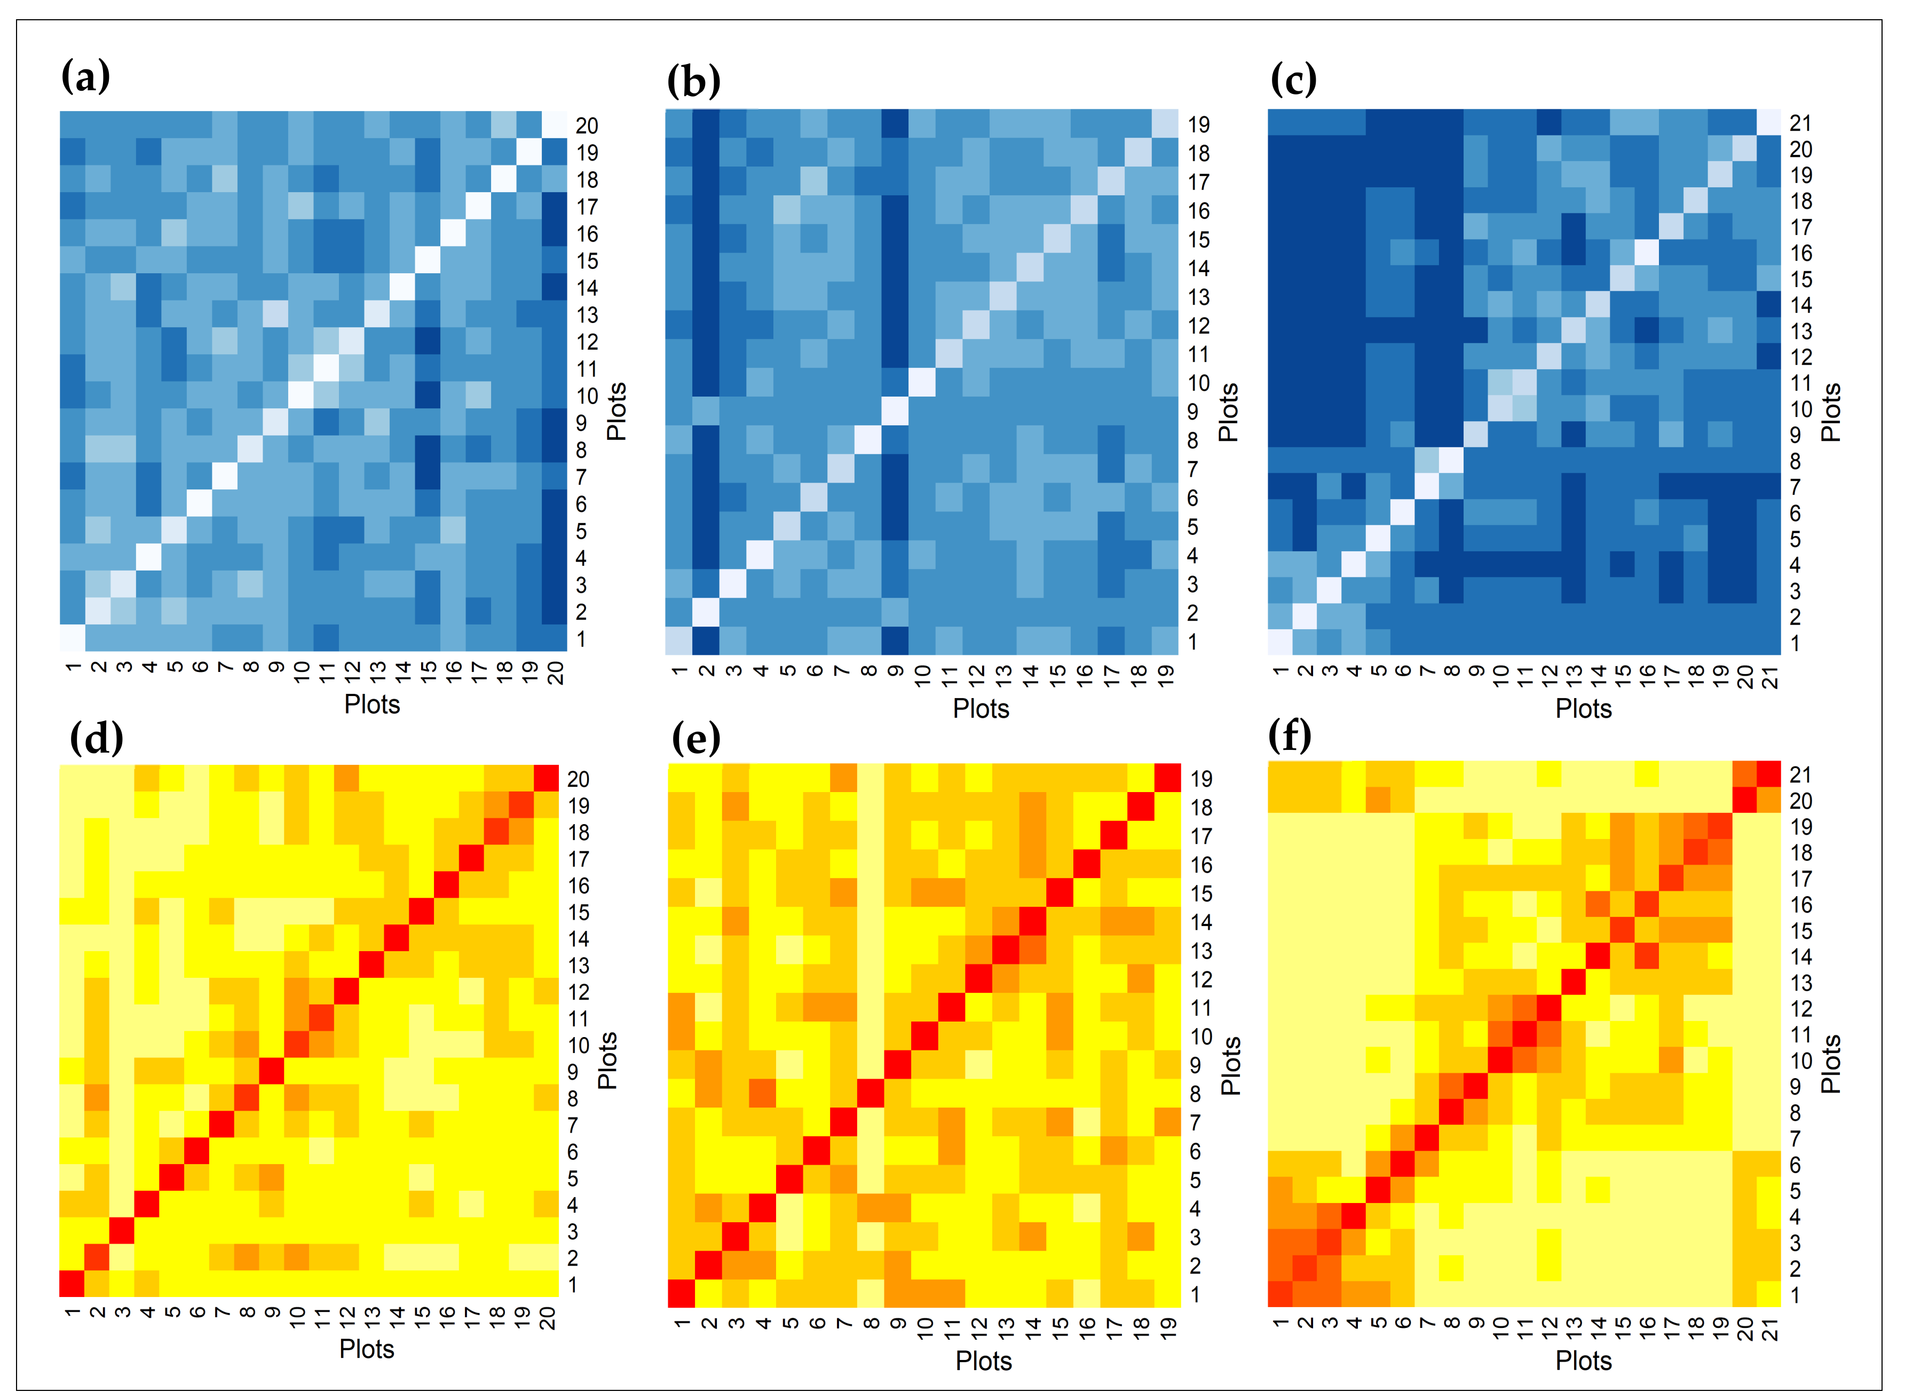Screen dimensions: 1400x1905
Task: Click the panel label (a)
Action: pos(85,76)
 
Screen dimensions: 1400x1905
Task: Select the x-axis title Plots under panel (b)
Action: pos(981,708)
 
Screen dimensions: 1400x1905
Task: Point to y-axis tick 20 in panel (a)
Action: pos(587,126)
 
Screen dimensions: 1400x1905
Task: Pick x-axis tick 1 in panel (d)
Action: pos(72,1312)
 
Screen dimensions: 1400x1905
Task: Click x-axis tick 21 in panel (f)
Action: pos(1770,1331)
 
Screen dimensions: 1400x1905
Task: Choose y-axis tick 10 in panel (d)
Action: pos(578,1045)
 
